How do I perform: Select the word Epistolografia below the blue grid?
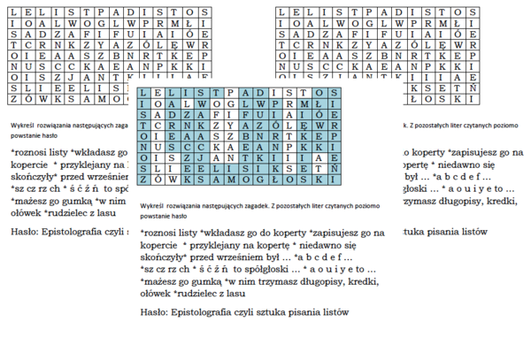point(207,311)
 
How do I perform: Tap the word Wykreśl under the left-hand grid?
point(22,126)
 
